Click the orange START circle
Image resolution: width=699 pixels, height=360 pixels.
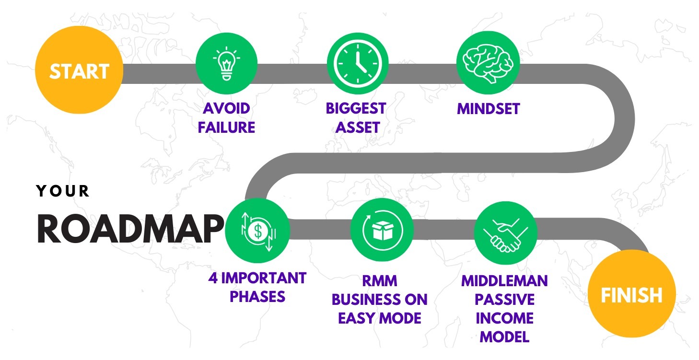[79, 70]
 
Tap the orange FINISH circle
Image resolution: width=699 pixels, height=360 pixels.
[631, 293]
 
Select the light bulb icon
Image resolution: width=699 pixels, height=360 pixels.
[227, 63]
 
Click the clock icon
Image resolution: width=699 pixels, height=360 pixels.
[358, 63]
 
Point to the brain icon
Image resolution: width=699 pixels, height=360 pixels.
[488, 63]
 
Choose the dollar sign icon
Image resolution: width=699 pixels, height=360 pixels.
[258, 231]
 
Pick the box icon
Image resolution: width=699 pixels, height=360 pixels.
[383, 230]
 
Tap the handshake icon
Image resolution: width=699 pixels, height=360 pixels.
[505, 234]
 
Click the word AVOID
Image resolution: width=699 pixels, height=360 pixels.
[226, 108]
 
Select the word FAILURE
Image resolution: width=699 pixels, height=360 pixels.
[226, 128]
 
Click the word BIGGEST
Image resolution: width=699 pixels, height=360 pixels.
[356, 108]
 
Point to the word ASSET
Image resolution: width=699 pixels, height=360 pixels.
[358, 128]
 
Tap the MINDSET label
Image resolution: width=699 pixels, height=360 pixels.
[489, 109]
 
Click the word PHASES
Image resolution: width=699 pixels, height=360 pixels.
[257, 296]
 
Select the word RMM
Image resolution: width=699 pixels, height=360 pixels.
[380, 281]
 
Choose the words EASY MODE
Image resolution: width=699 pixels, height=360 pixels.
[380, 318]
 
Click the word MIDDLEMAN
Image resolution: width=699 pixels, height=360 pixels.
[504, 281]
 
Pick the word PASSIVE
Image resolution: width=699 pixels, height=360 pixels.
[504, 300]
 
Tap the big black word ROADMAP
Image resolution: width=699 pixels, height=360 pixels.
[130, 229]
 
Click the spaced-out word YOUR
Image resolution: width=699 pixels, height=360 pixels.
[63, 191]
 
